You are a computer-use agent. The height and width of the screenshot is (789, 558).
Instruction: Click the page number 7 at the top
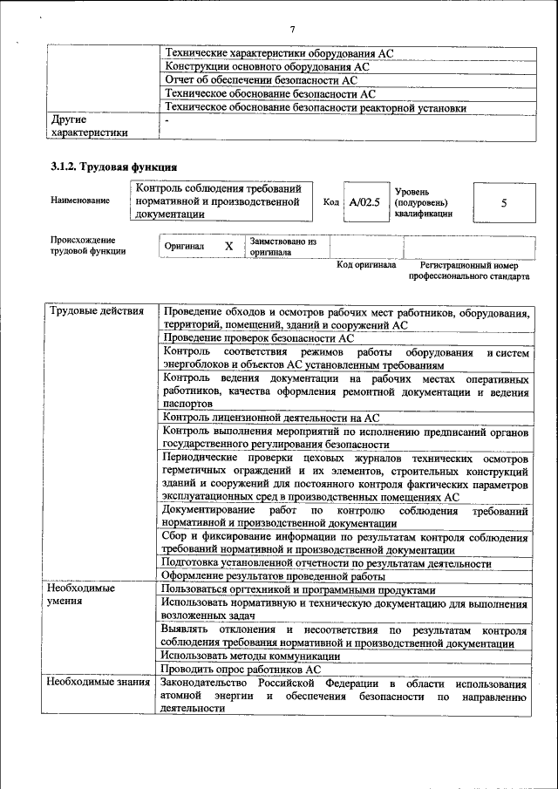[292, 31]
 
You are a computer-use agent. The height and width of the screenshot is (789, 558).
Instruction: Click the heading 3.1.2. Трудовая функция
[114, 167]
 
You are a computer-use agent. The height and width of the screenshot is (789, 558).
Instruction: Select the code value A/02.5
[364, 202]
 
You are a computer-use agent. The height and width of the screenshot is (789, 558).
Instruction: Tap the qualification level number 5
[503, 202]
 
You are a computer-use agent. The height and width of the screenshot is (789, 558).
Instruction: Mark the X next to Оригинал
[228, 247]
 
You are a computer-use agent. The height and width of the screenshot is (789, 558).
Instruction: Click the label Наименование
[80, 201]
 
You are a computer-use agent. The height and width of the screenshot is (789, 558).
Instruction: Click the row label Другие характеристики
[90, 126]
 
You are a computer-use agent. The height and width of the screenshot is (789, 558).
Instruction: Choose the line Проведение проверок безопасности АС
[258, 338]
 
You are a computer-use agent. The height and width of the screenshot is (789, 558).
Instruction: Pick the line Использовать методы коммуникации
[250, 656]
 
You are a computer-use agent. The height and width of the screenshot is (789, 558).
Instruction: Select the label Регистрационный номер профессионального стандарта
[469, 271]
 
